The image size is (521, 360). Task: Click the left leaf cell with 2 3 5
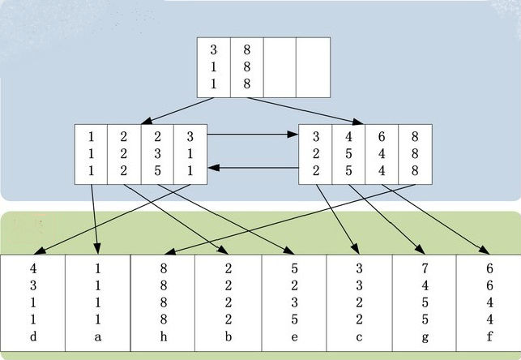156,152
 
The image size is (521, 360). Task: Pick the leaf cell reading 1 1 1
91,152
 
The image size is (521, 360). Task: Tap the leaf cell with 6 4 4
381,152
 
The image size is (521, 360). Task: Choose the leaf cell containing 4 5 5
348,152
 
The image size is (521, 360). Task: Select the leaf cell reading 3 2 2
315,152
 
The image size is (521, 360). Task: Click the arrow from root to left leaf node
171,111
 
